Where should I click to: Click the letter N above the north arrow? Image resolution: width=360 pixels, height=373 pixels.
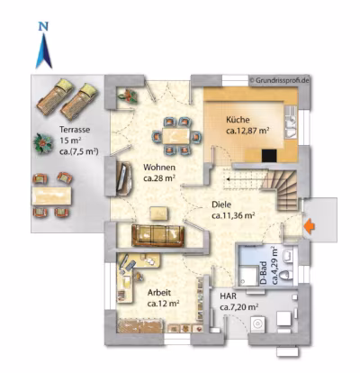[x=44, y=27]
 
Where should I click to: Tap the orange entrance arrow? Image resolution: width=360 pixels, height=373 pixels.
[x=310, y=226]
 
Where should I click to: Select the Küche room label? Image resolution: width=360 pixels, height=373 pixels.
[x=238, y=120]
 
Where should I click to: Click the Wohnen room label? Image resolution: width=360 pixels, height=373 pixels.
[x=159, y=167]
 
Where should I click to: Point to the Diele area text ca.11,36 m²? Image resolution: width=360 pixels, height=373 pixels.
[x=233, y=215]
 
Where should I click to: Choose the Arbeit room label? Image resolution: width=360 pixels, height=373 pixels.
[x=159, y=293]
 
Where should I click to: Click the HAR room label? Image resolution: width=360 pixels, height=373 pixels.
[x=228, y=296]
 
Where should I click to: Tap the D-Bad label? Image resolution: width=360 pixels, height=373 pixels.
[x=263, y=272]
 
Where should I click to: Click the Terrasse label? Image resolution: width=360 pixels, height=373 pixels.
[x=75, y=130]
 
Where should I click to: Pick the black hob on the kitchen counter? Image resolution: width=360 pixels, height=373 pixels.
[x=269, y=156]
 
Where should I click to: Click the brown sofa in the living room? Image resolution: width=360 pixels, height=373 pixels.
[x=157, y=236]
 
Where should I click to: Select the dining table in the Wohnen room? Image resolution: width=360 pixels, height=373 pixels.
[x=175, y=136]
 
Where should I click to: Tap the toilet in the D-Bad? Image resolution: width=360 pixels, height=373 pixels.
[x=288, y=275]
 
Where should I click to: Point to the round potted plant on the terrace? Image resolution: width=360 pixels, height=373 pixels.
[x=42, y=143]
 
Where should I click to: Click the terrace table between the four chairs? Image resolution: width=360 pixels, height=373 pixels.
[x=51, y=196]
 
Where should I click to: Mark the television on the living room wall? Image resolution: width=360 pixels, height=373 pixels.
[x=122, y=177]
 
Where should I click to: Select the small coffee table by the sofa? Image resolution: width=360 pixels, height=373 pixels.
[x=158, y=214]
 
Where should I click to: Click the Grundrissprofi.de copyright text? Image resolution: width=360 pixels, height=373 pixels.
[x=279, y=80]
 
